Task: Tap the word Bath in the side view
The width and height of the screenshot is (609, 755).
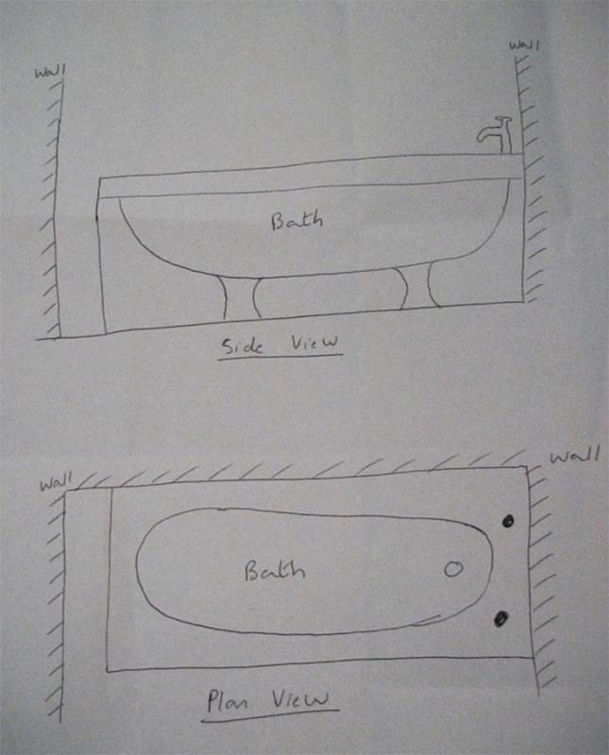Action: pyautogui.click(x=296, y=221)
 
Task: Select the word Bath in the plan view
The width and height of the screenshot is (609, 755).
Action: pyautogui.click(x=275, y=571)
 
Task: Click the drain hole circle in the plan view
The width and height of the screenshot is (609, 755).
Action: pyautogui.click(x=453, y=569)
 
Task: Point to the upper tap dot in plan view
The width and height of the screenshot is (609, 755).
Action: pyautogui.click(x=508, y=521)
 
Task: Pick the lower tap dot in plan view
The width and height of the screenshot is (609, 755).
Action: pyautogui.click(x=501, y=618)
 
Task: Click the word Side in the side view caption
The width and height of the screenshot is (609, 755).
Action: pyautogui.click(x=242, y=346)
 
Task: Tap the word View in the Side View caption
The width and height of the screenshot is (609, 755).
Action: pyautogui.click(x=314, y=343)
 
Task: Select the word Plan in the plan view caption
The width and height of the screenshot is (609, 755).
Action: pyautogui.click(x=228, y=700)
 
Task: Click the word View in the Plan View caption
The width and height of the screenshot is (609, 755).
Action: pyautogui.click(x=299, y=698)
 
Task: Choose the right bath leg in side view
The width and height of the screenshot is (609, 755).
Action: pyautogui.click(x=416, y=287)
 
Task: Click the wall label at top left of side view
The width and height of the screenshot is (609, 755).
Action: pyautogui.click(x=50, y=72)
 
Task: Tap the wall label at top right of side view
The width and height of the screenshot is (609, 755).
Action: pyautogui.click(x=525, y=45)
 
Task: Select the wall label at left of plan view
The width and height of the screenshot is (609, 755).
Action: pyautogui.click(x=56, y=482)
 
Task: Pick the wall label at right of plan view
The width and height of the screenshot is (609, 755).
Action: pyautogui.click(x=574, y=455)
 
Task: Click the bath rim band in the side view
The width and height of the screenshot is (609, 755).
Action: pyautogui.click(x=311, y=176)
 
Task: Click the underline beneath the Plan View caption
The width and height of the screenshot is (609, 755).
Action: pyautogui.click(x=270, y=715)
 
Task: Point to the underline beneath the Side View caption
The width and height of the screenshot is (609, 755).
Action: pyautogui.click(x=279, y=357)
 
